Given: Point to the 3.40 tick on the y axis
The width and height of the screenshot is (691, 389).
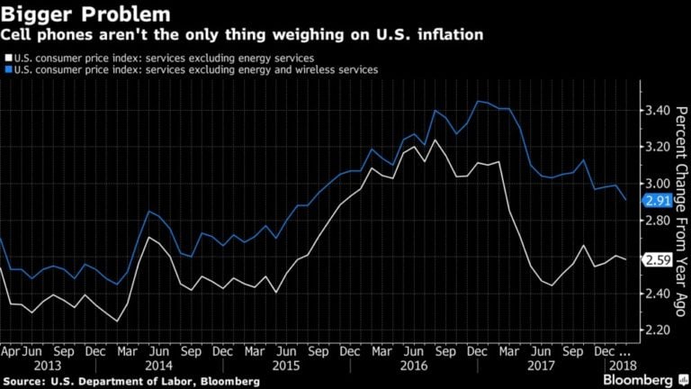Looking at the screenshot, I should (x=660, y=111).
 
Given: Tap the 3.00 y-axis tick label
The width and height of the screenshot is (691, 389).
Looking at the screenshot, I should (x=660, y=184).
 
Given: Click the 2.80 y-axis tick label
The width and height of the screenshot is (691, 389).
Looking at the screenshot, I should (x=660, y=221).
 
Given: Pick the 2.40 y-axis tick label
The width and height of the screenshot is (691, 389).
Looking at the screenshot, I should (x=660, y=294).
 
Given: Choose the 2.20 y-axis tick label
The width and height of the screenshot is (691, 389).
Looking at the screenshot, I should (x=660, y=330).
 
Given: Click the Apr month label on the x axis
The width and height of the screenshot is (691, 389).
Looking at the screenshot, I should (x=10, y=350).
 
